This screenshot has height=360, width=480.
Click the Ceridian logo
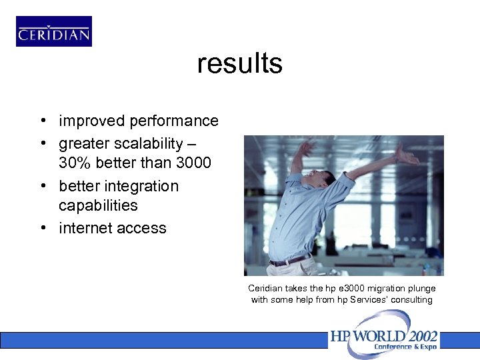pos(54,31)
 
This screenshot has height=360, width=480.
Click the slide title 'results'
pos(239,64)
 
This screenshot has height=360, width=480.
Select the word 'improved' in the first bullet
pos(92,121)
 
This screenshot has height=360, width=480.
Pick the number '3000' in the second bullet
pos(191,163)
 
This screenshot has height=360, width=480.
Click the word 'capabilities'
pos(98,205)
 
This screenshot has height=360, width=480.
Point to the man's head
pos(327,178)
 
